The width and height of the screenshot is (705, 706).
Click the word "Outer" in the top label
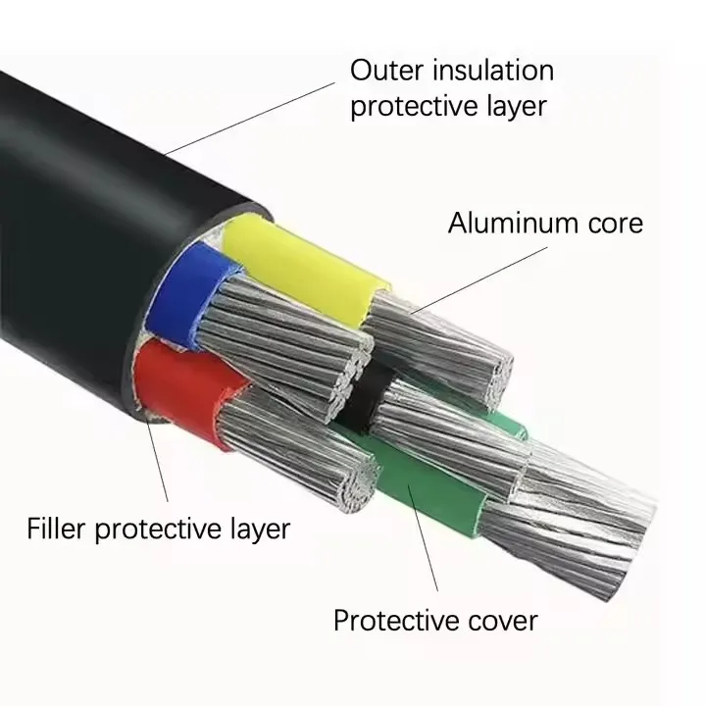(386, 71)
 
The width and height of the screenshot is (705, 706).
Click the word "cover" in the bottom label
(503, 622)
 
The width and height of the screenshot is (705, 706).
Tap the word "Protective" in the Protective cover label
(396, 621)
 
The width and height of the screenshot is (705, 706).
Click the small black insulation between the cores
(364, 396)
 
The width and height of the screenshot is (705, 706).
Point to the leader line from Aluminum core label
(479, 279)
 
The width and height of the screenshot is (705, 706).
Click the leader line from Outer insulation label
(250, 119)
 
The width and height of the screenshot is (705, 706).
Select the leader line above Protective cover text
(424, 538)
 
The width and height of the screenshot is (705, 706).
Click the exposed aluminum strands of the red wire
(298, 450)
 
